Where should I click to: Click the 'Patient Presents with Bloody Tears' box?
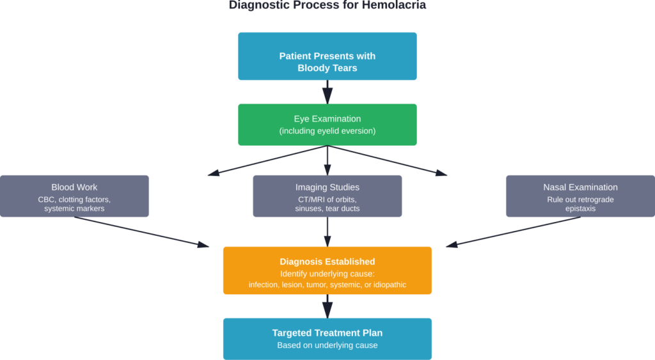coord(327,56)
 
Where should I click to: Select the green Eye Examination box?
coord(327,125)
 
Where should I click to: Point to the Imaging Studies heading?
coord(327,187)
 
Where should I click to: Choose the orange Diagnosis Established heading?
coord(327,262)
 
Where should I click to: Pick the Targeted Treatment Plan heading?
coord(327,333)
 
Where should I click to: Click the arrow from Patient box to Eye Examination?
coord(327,91)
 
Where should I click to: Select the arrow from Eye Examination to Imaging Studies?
coord(327,160)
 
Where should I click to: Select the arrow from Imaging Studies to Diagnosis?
coord(327,231)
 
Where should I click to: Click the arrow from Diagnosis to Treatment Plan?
coord(327,306)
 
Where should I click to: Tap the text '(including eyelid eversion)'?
coord(327,131)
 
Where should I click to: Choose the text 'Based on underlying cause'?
coord(327,345)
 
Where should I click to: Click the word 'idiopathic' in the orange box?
coord(386,285)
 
